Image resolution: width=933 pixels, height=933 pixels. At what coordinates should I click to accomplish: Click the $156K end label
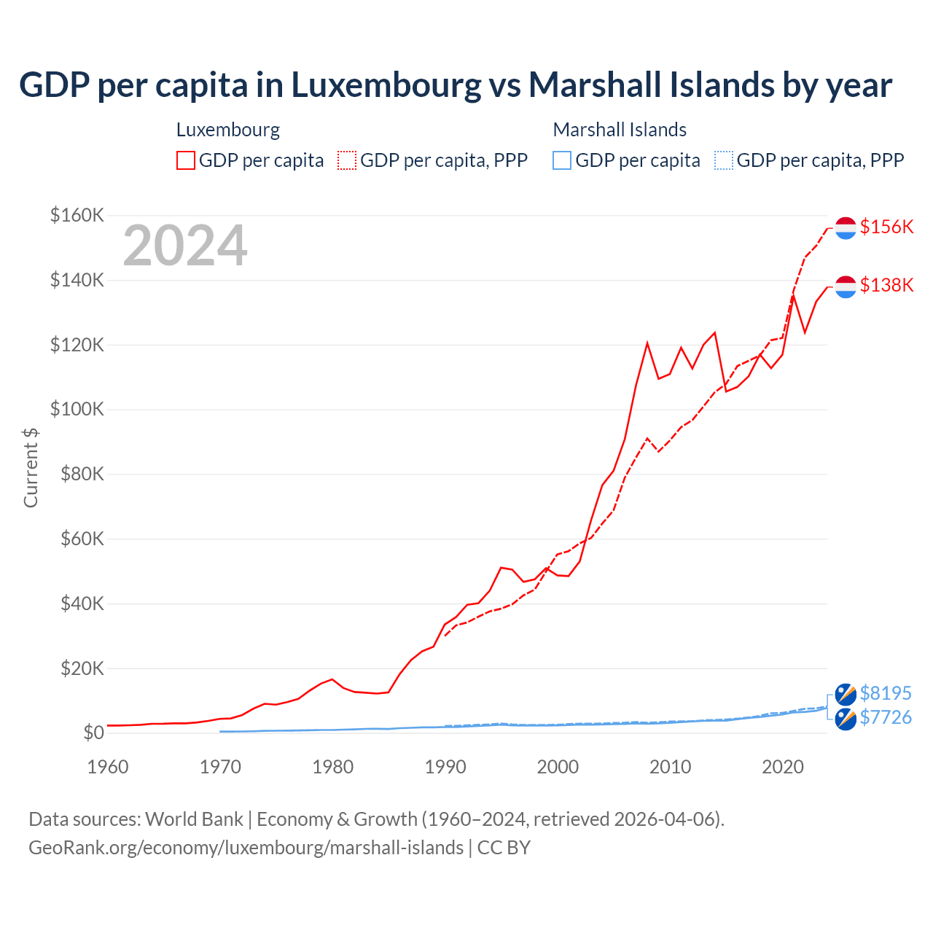886,227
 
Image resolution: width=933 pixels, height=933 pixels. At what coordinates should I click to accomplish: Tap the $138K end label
886,285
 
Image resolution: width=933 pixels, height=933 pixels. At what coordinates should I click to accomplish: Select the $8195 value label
886,693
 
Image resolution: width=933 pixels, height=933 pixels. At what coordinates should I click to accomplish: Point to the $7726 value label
886,717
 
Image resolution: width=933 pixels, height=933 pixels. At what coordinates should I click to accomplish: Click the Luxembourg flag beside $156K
846,228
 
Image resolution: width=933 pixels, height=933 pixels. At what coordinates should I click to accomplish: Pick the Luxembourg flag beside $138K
846,286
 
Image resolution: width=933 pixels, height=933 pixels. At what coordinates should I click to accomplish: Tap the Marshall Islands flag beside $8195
846,695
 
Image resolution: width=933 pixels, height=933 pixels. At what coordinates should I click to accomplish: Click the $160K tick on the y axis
77,216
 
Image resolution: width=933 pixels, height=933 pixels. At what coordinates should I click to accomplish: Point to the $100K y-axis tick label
77,410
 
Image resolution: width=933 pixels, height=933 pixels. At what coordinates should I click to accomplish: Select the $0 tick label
93,733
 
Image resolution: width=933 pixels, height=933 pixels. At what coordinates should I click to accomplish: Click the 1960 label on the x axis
108,767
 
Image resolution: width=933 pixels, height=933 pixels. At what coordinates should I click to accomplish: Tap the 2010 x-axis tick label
670,767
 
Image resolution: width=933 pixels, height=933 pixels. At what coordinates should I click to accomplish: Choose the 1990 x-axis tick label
445,767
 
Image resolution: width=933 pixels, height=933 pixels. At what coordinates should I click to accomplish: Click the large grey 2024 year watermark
185,246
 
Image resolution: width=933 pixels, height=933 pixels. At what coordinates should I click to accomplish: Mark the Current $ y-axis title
31,467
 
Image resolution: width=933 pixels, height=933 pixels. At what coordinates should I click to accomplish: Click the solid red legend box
186,160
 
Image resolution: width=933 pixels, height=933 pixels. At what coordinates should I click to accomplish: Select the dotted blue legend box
723,160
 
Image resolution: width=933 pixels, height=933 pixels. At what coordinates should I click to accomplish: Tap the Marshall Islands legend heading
620,130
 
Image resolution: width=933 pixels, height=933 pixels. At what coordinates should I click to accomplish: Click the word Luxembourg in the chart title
386,85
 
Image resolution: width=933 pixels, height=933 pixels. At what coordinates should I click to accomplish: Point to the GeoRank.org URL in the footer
246,848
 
